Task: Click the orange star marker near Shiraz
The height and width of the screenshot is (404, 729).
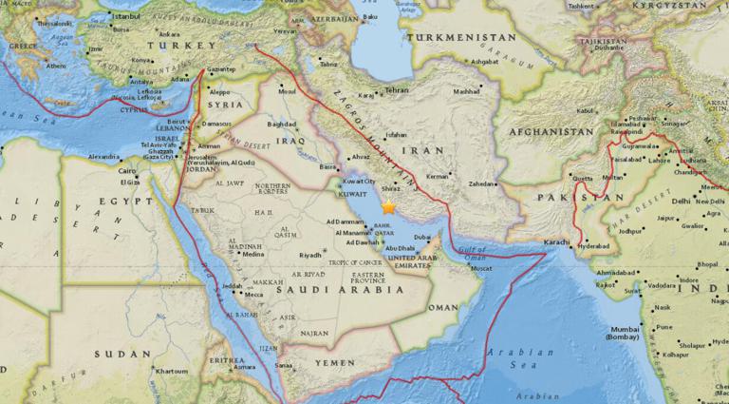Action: coord(388,206)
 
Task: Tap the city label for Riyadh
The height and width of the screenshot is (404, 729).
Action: coord(310,255)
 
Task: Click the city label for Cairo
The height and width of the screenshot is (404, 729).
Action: coord(129,171)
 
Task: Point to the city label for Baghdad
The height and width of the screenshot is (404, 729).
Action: coord(283,124)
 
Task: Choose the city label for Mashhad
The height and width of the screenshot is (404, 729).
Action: coord(466,92)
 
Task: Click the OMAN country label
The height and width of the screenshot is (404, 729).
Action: coord(441,307)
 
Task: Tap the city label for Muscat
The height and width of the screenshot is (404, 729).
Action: coord(482,269)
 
